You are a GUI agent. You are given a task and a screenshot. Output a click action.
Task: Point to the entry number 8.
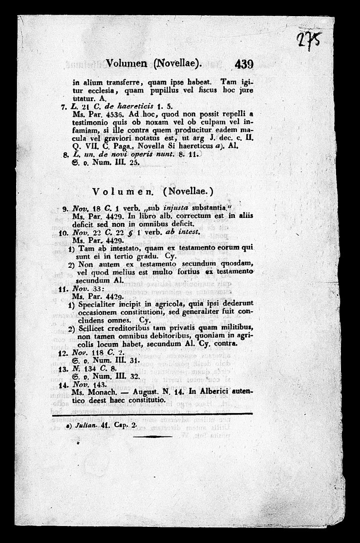pyautogui.click(x=65, y=155)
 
